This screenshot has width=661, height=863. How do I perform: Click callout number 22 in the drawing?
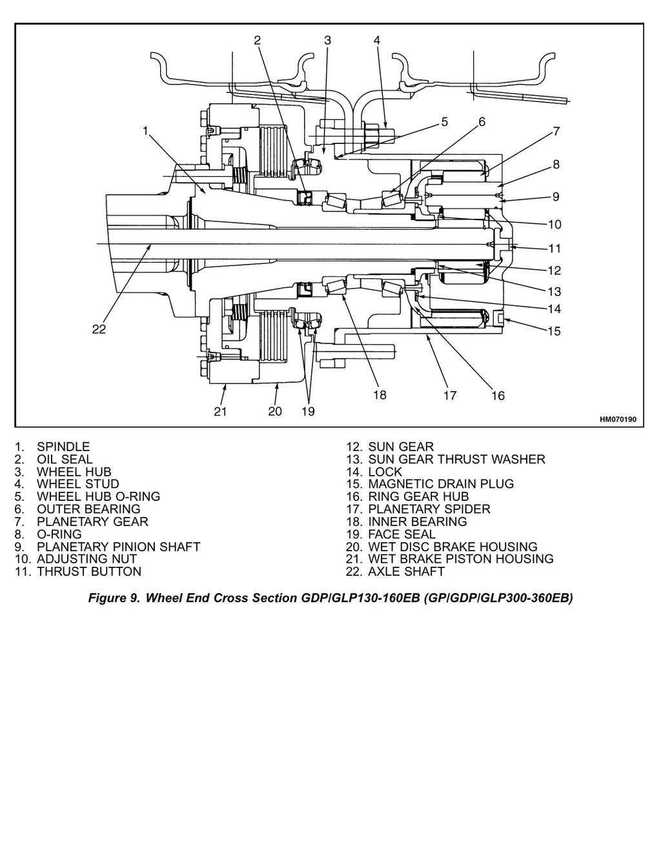[99, 329]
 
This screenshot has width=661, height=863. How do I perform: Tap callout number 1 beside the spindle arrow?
[145, 130]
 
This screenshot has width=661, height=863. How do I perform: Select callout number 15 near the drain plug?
[554, 331]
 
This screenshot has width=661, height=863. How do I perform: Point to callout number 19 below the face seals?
[308, 411]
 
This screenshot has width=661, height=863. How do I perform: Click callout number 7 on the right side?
[556, 131]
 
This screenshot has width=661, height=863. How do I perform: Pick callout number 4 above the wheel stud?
[377, 40]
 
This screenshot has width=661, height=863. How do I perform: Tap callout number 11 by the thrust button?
[554, 249]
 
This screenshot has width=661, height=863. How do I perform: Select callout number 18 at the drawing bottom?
[380, 395]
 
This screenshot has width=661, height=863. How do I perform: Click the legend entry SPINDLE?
[63, 447]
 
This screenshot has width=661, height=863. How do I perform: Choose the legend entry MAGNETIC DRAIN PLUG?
[441, 483]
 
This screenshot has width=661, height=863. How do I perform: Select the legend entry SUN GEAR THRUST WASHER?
[456, 459]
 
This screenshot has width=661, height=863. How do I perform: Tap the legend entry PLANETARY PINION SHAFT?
[118, 547]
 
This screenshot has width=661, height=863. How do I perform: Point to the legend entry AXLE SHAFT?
[407, 571]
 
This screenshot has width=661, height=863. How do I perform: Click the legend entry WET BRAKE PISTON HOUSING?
[461, 558]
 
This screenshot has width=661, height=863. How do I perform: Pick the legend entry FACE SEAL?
[402, 534]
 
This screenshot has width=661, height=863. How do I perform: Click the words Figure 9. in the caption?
[114, 598]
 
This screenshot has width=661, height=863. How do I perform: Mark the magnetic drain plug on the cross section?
[500, 318]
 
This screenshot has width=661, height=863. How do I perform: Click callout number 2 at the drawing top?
[258, 40]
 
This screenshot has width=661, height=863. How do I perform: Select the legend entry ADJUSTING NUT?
[86, 558]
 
